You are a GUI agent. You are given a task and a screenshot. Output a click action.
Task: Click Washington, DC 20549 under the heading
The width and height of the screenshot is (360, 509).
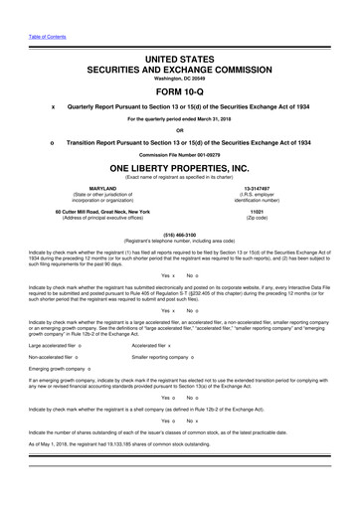[179, 51]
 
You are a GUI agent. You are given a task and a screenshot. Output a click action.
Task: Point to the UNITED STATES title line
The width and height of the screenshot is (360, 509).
[179, 32]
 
